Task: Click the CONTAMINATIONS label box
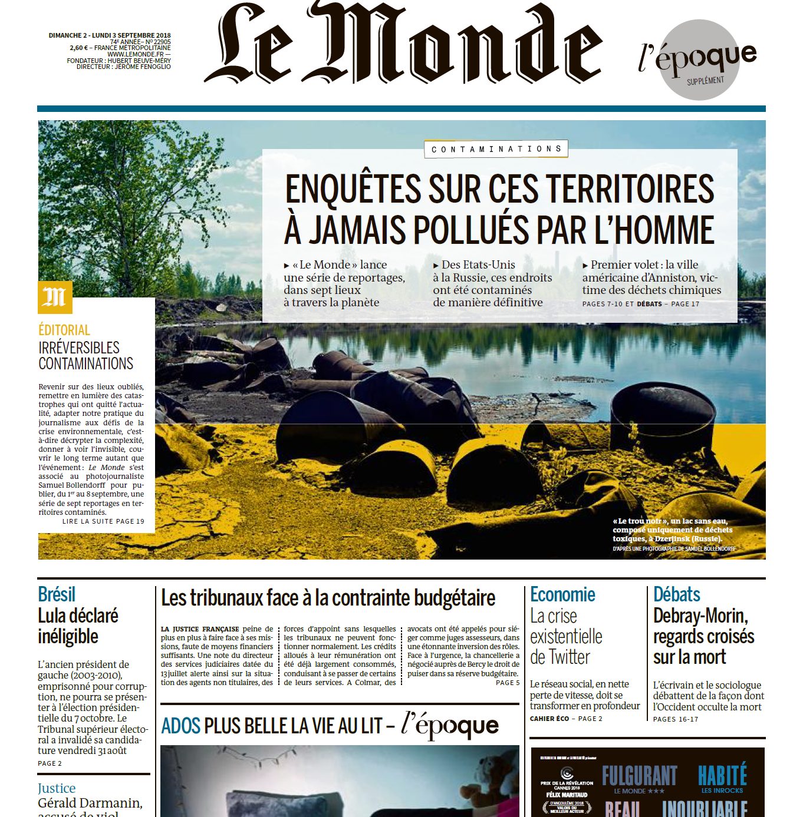(496, 149)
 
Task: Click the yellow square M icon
(55, 297)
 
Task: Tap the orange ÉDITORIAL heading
(64, 330)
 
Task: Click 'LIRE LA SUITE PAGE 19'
(103, 521)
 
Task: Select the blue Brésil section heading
(57, 594)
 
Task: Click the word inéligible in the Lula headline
(68, 637)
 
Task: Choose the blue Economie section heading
(562, 594)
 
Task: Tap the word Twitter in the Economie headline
(569, 657)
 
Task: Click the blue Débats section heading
(677, 594)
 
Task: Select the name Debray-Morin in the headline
(700, 616)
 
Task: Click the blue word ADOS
(181, 726)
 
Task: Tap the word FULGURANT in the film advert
(640, 776)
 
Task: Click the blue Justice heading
(57, 788)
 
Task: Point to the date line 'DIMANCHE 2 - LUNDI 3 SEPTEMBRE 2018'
(110, 35)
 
